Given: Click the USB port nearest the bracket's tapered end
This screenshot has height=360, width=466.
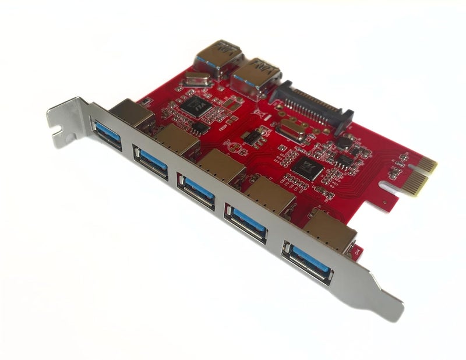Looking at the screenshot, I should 309,259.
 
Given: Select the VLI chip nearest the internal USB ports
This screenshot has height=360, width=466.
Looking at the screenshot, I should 193,105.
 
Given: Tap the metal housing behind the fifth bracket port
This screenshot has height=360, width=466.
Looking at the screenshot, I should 329,228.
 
